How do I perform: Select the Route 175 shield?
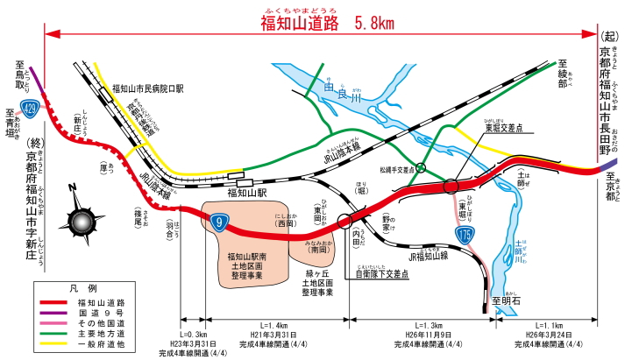(x=464, y=234)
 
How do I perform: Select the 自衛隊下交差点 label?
(x=380, y=274)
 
